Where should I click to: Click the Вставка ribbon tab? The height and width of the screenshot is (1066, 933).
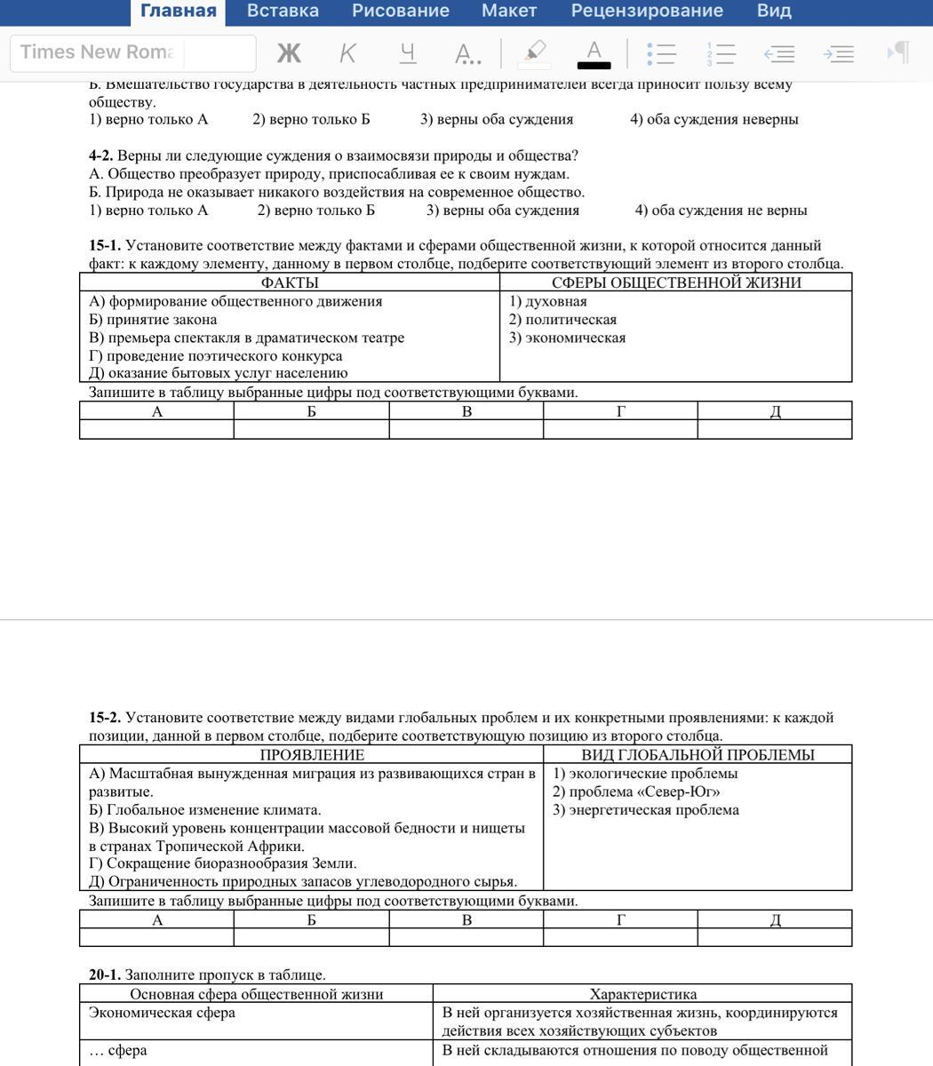pos(283,12)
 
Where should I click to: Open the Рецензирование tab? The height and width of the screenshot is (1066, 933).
pos(647,12)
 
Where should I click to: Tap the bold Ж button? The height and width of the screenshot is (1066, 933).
pos(289,53)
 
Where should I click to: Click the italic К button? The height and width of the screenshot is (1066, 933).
pos(347,53)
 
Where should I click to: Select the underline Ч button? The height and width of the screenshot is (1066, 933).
pos(408,53)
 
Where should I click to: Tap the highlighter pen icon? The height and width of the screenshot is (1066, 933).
pos(535,52)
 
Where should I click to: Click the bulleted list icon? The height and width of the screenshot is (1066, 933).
pos(661,53)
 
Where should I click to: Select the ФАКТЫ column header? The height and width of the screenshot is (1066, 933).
pos(290,282)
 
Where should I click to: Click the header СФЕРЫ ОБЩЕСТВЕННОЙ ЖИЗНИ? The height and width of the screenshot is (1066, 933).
pos(675,282)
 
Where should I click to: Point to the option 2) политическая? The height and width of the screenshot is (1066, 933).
pos(562,320)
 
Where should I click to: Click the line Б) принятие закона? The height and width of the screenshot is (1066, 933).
pos(153,320)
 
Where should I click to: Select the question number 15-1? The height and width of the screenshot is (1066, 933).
pos(104,245)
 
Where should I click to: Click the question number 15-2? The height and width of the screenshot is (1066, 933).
pos(104,718)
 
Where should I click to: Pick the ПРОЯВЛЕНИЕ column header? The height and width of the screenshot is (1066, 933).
pos(311,755)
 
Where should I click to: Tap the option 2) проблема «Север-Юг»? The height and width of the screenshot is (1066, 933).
pos(635,792)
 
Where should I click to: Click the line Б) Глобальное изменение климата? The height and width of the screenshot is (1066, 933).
pos(204,810)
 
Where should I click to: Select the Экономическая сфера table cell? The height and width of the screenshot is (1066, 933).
pos(162,1013)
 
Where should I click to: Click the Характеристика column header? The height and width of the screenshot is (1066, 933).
pos(642,994)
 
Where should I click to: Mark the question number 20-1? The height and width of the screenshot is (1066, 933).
pos(104,975)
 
